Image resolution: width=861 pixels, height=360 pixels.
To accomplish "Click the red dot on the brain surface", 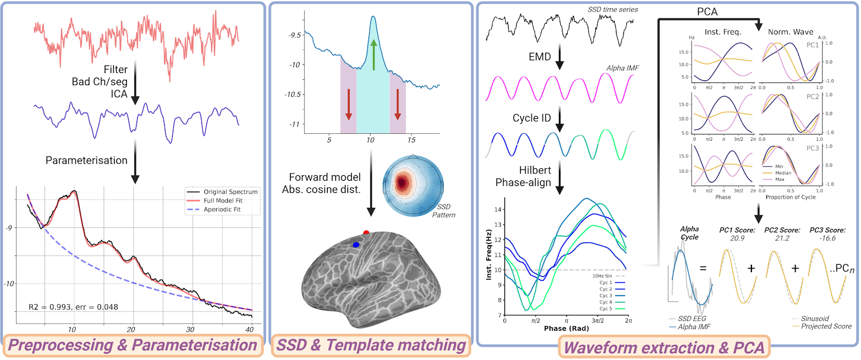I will [x=366, y=233].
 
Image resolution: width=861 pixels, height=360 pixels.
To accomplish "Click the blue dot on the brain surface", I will [x=356, y=245].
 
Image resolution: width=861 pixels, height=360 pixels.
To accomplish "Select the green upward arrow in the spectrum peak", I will [x=373, y=55].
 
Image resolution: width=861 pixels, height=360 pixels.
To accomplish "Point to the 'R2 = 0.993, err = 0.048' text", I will [x=73, y=307].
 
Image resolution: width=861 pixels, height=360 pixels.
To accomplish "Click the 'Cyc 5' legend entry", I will [x=608, y=308].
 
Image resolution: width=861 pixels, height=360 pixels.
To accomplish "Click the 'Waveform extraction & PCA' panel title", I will [x=665, y=347].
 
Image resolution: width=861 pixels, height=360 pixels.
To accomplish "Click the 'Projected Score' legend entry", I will [x=827, y=326].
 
